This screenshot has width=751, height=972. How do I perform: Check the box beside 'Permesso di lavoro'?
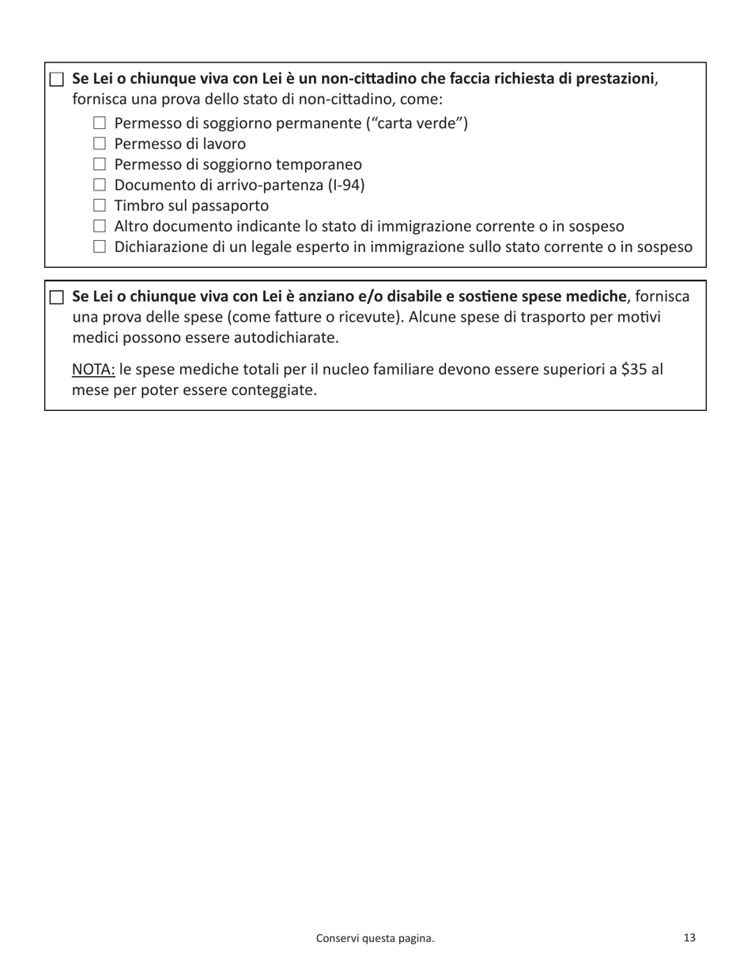click(x=99, y=144)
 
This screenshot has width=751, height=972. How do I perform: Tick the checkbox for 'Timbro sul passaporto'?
click(x=99, y=205)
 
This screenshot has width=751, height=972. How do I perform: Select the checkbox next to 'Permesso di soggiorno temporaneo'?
click(x=99, y=164)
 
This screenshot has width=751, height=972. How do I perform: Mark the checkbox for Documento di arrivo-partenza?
click(x=99, y=185)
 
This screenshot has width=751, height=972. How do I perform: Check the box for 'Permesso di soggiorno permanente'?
click(x=99, y=123)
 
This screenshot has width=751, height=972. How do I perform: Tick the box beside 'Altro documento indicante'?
click(x=99, y=226)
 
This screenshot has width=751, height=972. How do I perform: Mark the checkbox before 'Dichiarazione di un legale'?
click(x=99, y=247)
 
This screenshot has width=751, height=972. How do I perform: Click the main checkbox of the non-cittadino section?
click(x=56, y=79)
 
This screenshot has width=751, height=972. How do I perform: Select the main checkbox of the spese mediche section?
click(x=56, y=297)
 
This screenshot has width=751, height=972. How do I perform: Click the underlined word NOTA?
click(x=93, y=369)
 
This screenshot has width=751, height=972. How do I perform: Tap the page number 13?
click(x=689, y=937)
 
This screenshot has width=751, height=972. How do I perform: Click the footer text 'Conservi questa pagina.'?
click(x=375, y=938)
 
